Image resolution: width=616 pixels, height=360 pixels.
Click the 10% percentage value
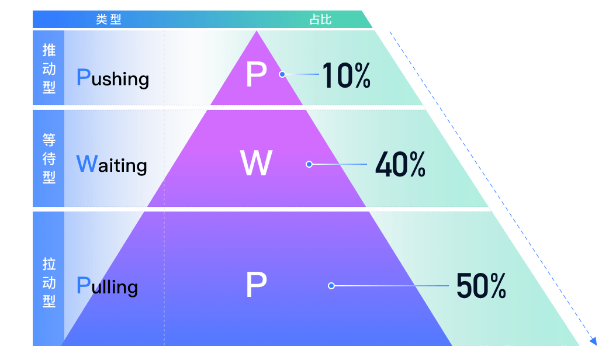click(346, 75)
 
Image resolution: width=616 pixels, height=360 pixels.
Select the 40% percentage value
click(400, 165)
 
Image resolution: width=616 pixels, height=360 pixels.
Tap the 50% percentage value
click(480, 286)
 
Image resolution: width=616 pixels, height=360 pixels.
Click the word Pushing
click(113, 78)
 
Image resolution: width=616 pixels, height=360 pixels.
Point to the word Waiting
click(112, 165)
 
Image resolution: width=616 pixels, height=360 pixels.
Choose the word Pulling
click(108, 286)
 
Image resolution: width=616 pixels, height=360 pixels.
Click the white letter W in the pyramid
click(256, 164)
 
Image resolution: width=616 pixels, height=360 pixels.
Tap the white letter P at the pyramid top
click(256, 75)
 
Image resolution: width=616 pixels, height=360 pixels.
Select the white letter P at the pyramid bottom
click(256, 285)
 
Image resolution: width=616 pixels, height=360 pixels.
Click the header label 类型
click(109, 20)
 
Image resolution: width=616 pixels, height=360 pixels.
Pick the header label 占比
click(321, 20)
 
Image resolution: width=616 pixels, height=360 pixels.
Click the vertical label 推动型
click(49, 69)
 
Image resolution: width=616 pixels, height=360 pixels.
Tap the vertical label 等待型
click(49, 158)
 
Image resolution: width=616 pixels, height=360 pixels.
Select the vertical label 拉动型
click(49, 283)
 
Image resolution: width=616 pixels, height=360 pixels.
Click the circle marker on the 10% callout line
click(282, 74)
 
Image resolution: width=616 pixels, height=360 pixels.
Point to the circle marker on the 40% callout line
click(309, 164)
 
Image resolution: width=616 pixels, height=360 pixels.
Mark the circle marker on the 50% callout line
click(331, 286)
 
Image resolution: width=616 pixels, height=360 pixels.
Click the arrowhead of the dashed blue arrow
click(593, 341)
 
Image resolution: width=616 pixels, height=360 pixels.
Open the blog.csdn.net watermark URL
click(545, 349)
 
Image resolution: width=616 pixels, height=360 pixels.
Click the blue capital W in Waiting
click(86, 164)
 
